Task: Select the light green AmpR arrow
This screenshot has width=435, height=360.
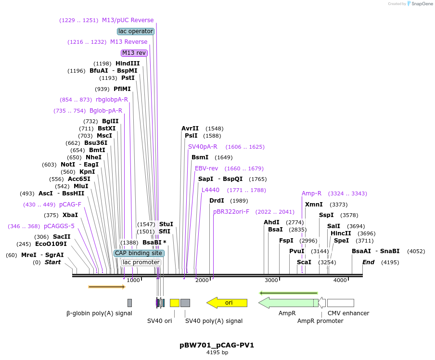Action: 287,303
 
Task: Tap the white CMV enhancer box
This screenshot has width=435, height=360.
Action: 340,303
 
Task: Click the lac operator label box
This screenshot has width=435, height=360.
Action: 136,31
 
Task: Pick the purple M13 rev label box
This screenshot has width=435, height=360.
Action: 134,53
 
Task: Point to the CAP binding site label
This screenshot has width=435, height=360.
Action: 139,253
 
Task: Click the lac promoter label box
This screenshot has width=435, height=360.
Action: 141,262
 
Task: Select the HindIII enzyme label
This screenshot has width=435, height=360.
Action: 128,64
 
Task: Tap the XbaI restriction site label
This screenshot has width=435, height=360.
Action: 70,215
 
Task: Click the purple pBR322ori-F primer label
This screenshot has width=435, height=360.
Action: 231,212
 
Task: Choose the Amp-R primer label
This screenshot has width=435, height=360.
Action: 311,193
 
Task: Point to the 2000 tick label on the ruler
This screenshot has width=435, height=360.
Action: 202,280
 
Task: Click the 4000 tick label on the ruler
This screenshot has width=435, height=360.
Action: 340,280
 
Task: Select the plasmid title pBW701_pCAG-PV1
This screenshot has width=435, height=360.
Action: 217,345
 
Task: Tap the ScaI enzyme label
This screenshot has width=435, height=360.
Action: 304,262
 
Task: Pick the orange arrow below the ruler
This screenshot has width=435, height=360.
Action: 107,287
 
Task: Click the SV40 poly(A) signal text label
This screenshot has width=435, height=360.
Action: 214,321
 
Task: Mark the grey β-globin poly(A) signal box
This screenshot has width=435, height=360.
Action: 129,303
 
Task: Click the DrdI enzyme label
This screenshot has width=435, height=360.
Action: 217,201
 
